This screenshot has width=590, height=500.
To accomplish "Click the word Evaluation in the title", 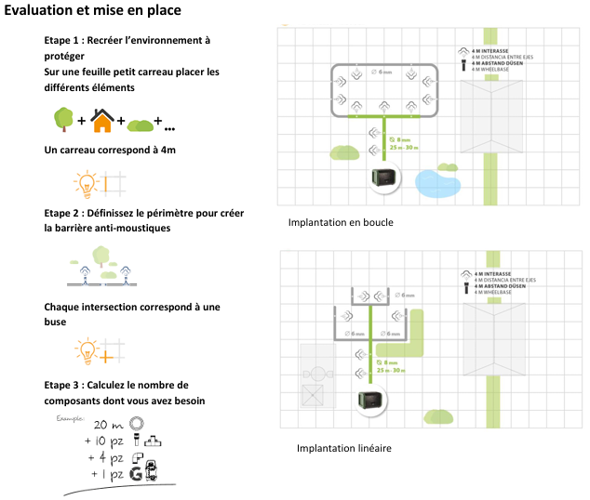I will pos(40,11).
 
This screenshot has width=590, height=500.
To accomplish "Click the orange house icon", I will pos(102,120).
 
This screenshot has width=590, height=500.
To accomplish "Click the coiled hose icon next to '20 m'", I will pos(136,423).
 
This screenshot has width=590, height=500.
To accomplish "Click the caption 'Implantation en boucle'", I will pos(341,223).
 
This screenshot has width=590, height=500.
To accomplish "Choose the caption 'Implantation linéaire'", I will pos(344,449).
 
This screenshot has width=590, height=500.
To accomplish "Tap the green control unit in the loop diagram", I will pos(382,177).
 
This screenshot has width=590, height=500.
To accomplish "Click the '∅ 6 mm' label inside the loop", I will pos(382,72).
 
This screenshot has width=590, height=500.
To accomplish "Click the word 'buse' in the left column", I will pos(56,322).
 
